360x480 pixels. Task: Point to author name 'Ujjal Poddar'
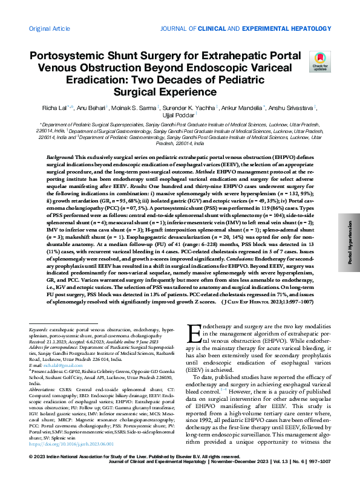180,115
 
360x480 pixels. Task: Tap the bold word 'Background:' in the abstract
61,157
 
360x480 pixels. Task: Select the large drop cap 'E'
195,334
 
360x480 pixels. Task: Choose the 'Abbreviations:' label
43,391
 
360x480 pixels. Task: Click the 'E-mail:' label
36,366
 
